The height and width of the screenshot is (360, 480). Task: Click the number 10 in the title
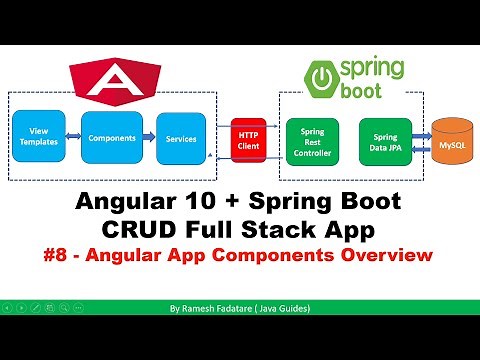[x=192, y=202]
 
